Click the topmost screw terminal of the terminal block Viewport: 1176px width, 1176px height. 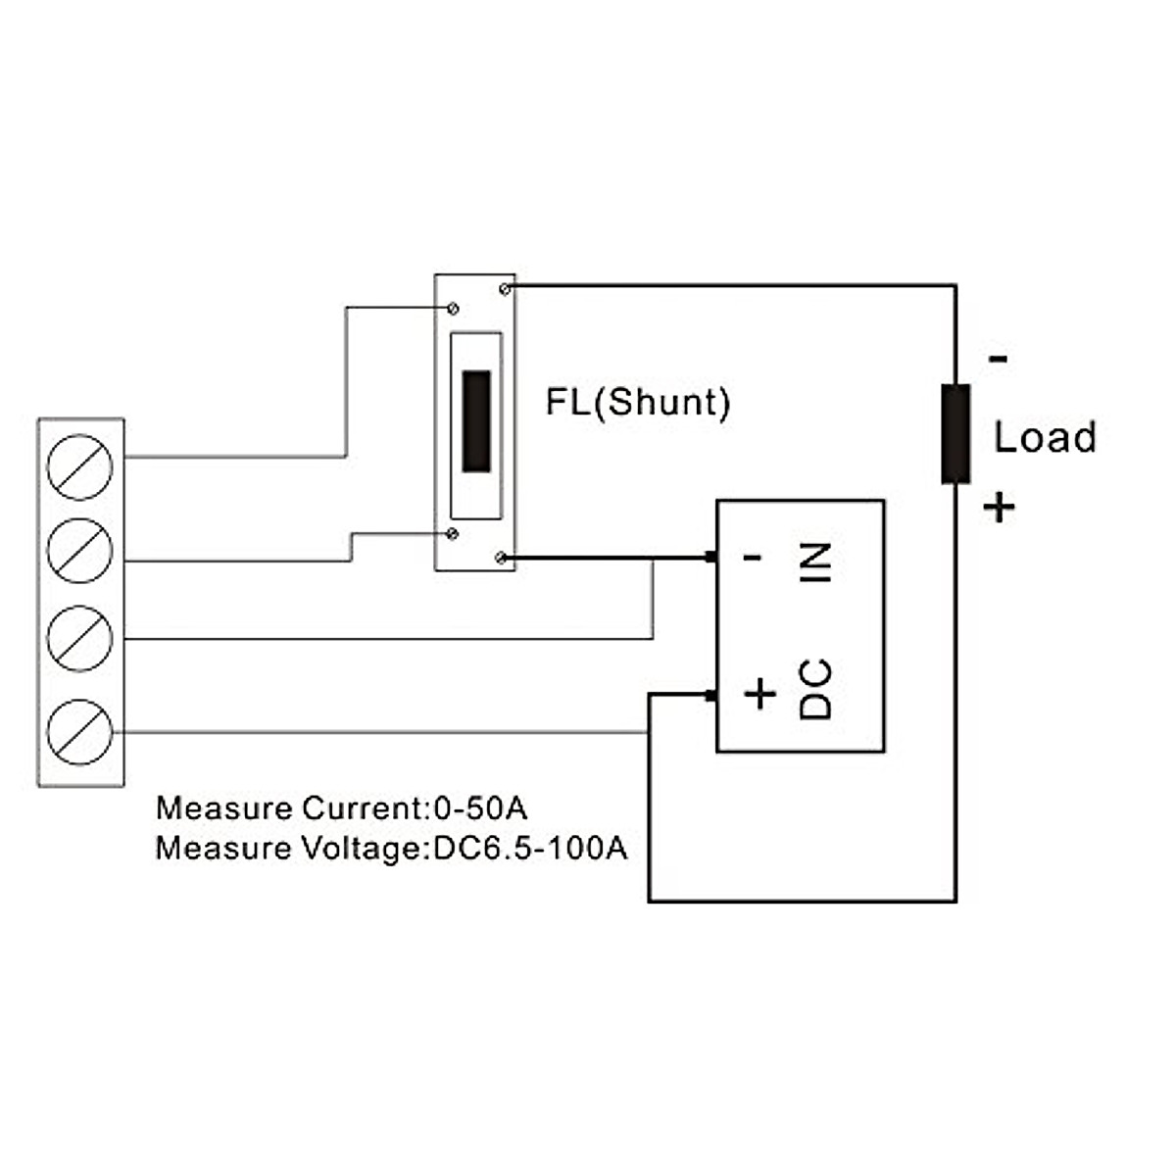point(80,466)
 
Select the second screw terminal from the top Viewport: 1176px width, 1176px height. point(80,551)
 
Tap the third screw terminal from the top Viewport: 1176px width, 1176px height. point(80,638)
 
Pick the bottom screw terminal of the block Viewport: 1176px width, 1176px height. point(80,732)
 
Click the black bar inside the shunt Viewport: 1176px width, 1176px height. point(476,421)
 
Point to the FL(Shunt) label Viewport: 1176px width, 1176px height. point(638,403)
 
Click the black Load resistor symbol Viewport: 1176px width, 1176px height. point(955,434)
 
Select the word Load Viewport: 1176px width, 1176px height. point(1046,437)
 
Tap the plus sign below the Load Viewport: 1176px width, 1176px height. point(999,507)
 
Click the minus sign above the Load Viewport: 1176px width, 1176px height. point(999,360)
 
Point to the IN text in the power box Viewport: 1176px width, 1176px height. point(815,563)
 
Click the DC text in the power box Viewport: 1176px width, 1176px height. point(815,689)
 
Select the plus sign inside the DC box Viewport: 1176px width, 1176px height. point(760,694)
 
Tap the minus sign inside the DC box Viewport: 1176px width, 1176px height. point(753,557)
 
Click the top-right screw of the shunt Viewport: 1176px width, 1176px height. point(505,289)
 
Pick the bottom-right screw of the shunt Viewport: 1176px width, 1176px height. point(501,558)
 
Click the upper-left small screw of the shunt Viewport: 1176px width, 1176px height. point(453,309)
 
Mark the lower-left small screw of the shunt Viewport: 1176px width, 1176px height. point(452,534)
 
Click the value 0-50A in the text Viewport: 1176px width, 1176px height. point(480,808)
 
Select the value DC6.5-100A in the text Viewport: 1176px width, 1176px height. point(530,849)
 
